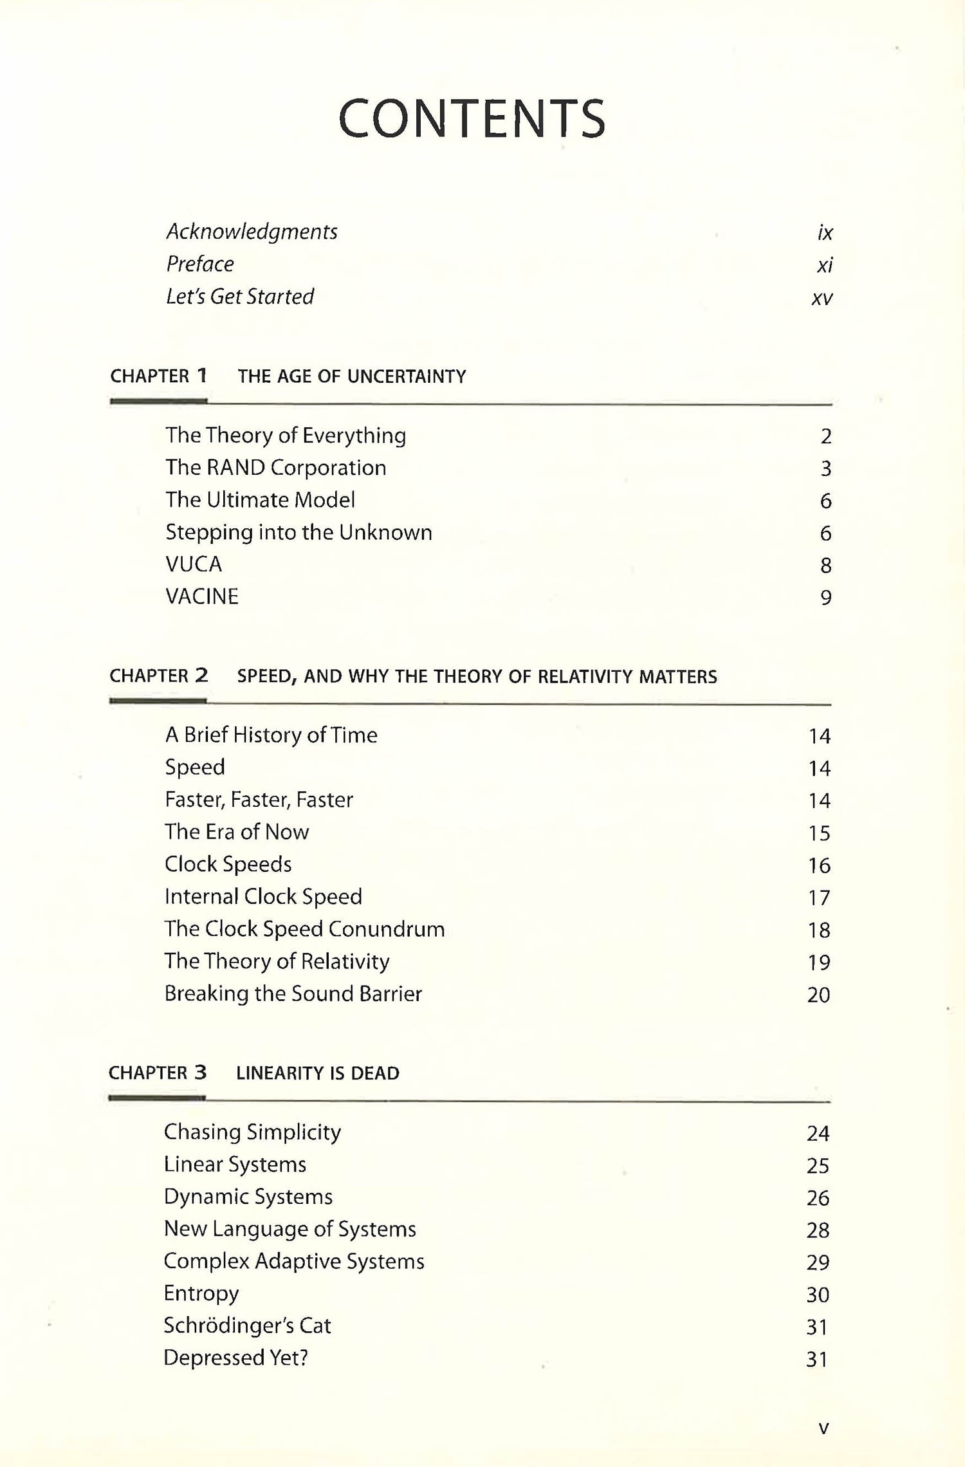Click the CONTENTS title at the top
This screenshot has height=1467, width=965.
point(472,119)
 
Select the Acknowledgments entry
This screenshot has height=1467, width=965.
point(252,232)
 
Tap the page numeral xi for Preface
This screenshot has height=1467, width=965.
point(825,265)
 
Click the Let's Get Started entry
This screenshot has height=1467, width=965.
point(240,297)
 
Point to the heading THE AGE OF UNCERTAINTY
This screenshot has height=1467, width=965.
point(352,376)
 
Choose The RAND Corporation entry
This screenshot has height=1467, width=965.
point(275,468)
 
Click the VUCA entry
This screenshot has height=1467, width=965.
point(194,564)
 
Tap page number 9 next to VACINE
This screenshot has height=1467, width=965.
point(826,598)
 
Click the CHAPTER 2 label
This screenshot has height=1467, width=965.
point(158,676)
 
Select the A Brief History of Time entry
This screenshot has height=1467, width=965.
point(271,735)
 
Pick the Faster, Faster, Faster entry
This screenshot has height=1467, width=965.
point(259,800)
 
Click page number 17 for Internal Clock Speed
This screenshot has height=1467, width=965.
point(819,898)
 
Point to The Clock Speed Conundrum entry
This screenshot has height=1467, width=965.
point(304,929)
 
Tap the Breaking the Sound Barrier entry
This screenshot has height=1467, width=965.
point(293,994)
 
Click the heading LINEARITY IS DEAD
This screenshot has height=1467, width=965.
point(318,1073)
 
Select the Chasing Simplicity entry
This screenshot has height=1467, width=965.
point(252,1132)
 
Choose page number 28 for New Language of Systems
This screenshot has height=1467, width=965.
point(818,1230)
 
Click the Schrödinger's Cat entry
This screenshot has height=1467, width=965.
point(247,1326)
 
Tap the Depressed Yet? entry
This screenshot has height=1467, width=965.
point(235,1358)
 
